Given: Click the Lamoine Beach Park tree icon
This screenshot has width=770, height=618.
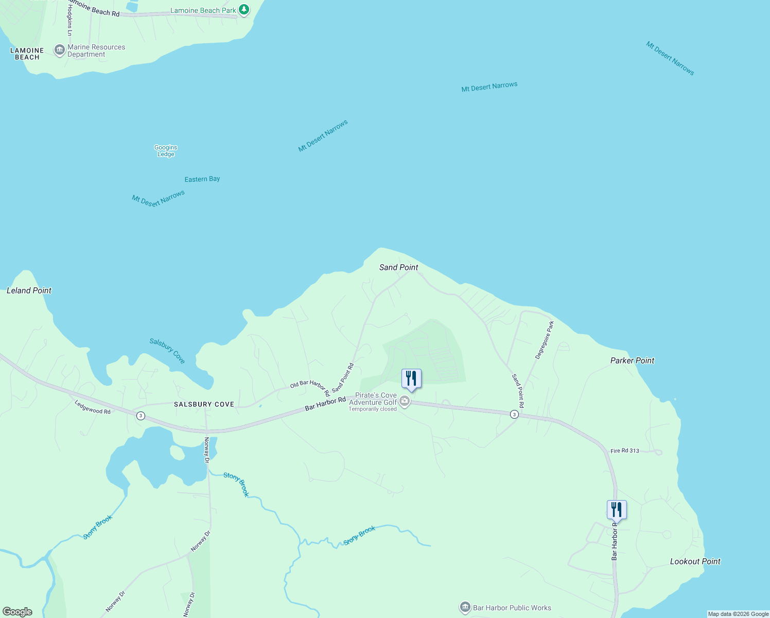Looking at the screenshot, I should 244,9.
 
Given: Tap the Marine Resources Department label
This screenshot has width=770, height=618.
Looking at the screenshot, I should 96,50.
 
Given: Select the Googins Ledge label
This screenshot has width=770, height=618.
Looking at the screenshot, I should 166,151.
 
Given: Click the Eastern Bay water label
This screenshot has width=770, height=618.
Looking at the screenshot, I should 202,179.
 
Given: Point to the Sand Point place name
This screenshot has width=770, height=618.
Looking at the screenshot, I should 398,267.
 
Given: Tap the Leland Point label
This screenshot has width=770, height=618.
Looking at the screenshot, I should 29,290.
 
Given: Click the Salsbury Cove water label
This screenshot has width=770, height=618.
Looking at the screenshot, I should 167,350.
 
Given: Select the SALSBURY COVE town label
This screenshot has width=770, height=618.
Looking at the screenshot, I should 204,404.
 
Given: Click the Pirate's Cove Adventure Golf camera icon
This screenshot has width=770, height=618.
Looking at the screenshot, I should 405,401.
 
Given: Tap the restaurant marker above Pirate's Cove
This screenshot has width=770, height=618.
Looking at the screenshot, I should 411,379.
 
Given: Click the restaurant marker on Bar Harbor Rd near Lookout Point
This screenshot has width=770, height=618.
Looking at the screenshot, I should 617,510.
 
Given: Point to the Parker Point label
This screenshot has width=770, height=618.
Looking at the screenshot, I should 632,360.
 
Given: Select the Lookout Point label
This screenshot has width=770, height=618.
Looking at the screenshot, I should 695,561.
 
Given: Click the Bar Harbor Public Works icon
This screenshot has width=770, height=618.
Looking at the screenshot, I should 465,608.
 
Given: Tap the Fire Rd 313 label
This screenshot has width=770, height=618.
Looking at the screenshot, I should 624,451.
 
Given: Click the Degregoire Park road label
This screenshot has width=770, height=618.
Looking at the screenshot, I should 545,340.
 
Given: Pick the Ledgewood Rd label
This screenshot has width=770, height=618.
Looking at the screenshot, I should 93,407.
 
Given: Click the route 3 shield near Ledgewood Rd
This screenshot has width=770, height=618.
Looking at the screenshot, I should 141,416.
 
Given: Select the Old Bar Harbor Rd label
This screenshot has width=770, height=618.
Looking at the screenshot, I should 310,387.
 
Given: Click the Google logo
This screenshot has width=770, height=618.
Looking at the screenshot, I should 17,612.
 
